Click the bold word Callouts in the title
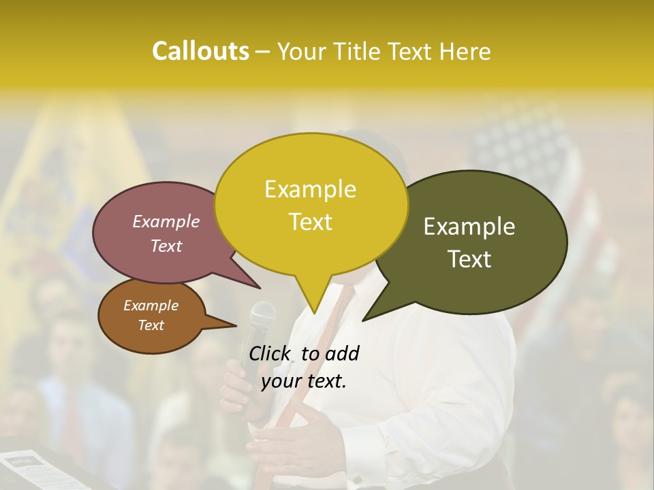click(200, 51)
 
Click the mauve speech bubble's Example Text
click(166, 233)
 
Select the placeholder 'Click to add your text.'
click(304, 367)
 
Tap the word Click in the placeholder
click(270, 353)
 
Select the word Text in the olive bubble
click(470, 259)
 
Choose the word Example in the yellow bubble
click(311, 189)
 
